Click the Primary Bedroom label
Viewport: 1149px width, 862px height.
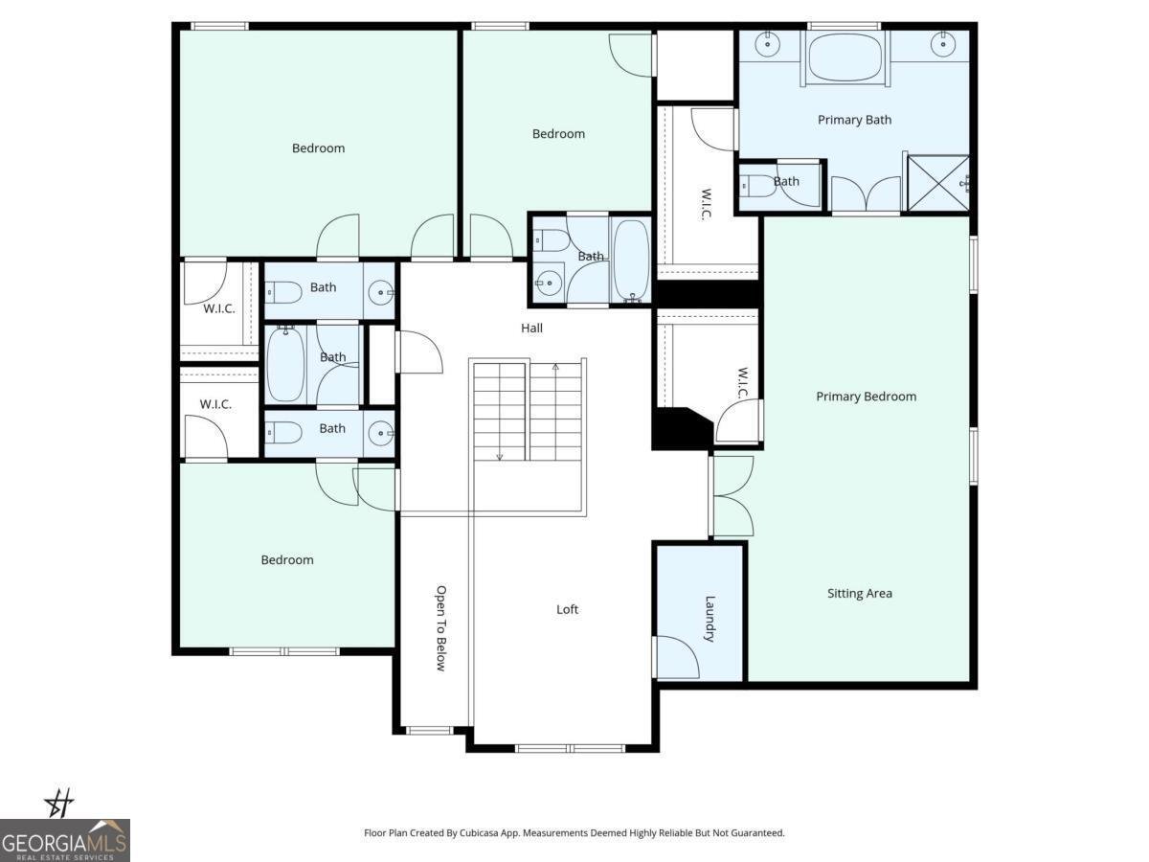[866, 397]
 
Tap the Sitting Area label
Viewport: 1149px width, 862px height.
[860, 594]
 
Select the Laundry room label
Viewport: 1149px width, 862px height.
[710, 619]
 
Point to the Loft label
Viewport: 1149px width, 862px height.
[567, 609]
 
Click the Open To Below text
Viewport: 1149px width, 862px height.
[441, 628]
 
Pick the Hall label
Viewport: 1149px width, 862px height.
[531, 329]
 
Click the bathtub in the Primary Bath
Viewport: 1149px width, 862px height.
[845, 57]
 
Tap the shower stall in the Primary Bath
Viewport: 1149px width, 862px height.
[938, 183]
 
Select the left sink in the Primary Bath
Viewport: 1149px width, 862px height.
[767, 43]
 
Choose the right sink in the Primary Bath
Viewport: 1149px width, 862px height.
[943, 43]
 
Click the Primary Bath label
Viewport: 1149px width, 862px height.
[854, 120]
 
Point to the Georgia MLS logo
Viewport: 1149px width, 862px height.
[65, 840]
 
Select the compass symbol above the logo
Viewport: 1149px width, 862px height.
[59, 803]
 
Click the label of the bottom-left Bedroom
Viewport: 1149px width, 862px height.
[287, 560]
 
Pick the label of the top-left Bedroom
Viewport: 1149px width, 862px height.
[318, 148]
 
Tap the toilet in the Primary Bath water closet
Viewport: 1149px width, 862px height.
[757, 186]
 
